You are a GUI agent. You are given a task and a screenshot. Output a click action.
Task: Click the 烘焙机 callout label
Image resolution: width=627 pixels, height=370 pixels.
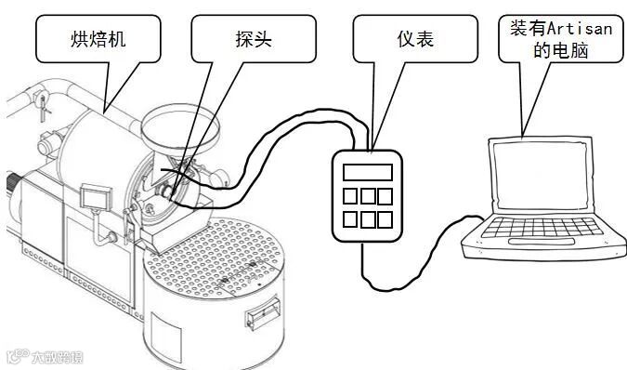[x=98, y=39]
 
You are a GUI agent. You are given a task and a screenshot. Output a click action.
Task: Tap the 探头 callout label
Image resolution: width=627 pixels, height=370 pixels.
[x=254, y=39]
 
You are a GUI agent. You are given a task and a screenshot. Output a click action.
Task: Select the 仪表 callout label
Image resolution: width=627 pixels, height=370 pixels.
[x=415, y=39]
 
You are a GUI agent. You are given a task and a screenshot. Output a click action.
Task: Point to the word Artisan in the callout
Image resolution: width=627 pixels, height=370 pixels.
[x=580, y=29]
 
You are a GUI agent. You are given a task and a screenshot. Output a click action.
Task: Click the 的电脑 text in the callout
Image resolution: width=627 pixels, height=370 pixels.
[x=561, y=51]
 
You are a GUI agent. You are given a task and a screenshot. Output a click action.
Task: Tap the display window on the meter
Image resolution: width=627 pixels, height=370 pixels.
[x=368, y=172]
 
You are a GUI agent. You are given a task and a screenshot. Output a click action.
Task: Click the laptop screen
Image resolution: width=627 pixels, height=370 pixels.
[x=541, y=176]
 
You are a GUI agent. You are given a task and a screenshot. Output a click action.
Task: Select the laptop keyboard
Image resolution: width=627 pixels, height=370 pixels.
[x=542, y=228]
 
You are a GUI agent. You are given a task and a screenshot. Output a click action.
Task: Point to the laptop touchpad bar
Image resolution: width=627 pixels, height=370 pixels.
[x=542, y=242]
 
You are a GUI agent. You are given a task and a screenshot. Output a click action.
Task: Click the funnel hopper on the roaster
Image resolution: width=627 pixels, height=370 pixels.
[x=180, y=129]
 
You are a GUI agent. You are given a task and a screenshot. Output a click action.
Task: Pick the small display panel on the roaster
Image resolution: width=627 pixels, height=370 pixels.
[x=96, y=197]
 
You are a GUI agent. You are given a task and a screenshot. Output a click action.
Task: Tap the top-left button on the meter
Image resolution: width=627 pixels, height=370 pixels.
[x=350, y=196]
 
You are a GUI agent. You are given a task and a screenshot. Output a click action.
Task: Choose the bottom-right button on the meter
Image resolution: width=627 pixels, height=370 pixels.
[x=385, y=219]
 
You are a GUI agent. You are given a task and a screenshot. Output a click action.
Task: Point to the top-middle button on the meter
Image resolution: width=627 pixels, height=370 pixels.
[x=368, y=196]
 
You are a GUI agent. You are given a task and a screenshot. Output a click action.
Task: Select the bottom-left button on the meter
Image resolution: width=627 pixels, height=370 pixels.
[x=350, y=219]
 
